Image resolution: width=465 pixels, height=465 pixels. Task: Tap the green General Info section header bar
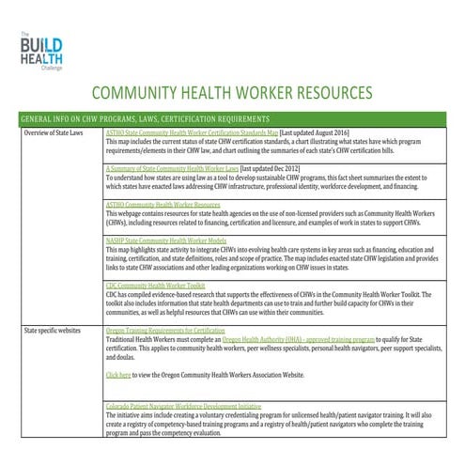point(231,119)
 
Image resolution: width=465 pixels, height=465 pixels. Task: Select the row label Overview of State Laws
point(58,134)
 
